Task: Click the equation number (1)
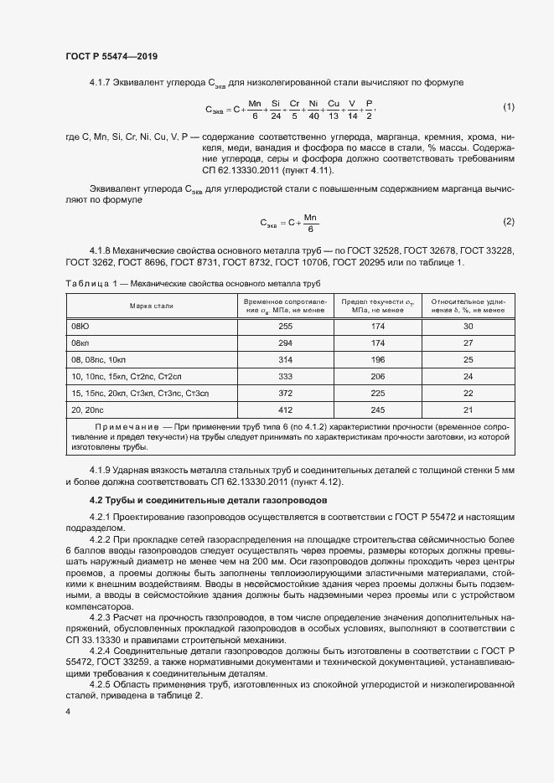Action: pyautogui.click(x=508, y=107)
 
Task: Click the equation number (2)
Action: pyautogui.click(x=508, y=221)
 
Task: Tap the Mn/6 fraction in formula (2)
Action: pyautogui.click(x=310, y=222)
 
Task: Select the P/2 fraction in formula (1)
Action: pyautogui.click(x=369, y=108)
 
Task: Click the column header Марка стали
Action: pyautogui.click(x=151, y=306)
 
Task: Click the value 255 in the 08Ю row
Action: pyautogui.click(x=285, y=326)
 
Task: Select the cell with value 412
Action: pyautogui.click(x=285, y=410)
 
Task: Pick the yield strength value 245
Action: pyautogui.click(x=377, y=410)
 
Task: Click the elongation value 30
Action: pyautogui.click(x=468, y=326)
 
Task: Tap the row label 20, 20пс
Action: pyautogui.click(x=88, y=410)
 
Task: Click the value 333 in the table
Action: pyautogui.click(x=285, y=376)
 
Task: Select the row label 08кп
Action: pyautogui.click(x=80, y=343)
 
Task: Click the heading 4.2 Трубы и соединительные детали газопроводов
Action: pyautogui.click(x=208, y=500)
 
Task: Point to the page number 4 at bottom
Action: pyautogui.click(x=67, y=711)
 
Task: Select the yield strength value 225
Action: pyautogui.click(x=377, y=393)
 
